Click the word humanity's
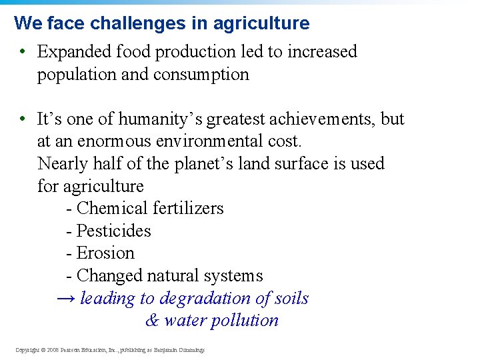(161, 119)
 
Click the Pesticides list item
(113, 231)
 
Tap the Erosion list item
(105, 253)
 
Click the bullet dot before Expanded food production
(23, 51)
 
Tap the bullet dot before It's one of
(23, 119)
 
